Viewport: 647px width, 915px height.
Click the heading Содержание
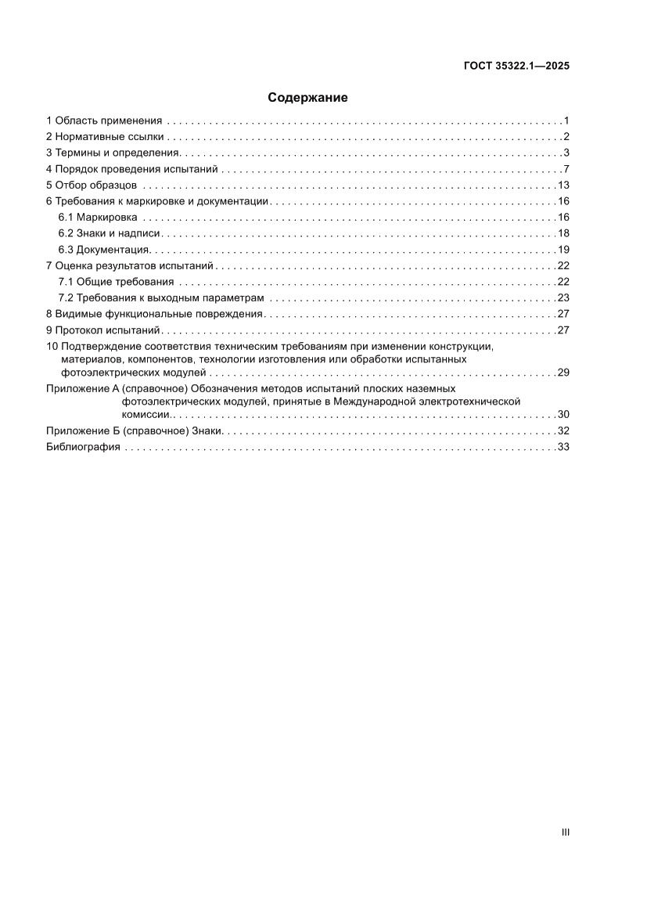click(x=307, y=98)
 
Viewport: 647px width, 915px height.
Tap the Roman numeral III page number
click(x=565, y=832)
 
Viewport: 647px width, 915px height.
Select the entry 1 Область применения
click(x=104, y=121)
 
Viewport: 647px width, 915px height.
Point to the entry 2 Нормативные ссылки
click(x=106, y=137)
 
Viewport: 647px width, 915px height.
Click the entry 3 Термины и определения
click(x=113, y=153)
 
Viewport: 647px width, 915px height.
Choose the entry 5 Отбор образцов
click(x=92, y=186)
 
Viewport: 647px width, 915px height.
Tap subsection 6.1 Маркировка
click(x=98, y=217)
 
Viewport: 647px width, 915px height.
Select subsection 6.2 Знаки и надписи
click(x=110, y=233)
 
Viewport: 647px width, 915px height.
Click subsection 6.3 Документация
click(x=103, y=250)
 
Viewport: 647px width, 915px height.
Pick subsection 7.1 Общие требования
click(x=117, y=282)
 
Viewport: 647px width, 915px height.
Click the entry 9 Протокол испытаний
click(x=102, y=330)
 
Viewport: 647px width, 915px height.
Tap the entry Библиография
click(x=83, y=447)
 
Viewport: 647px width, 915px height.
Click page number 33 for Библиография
click(x=563, y=447)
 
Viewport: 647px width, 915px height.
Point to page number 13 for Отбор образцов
click(x=563, y=186)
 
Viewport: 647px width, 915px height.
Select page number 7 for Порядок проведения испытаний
click(x=566, y=169)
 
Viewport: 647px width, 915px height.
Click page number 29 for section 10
click(x=563, y=372)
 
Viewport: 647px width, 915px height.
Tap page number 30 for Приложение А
click(x=563, y=414)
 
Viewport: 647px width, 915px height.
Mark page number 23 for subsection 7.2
click(x=563, y=298)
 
